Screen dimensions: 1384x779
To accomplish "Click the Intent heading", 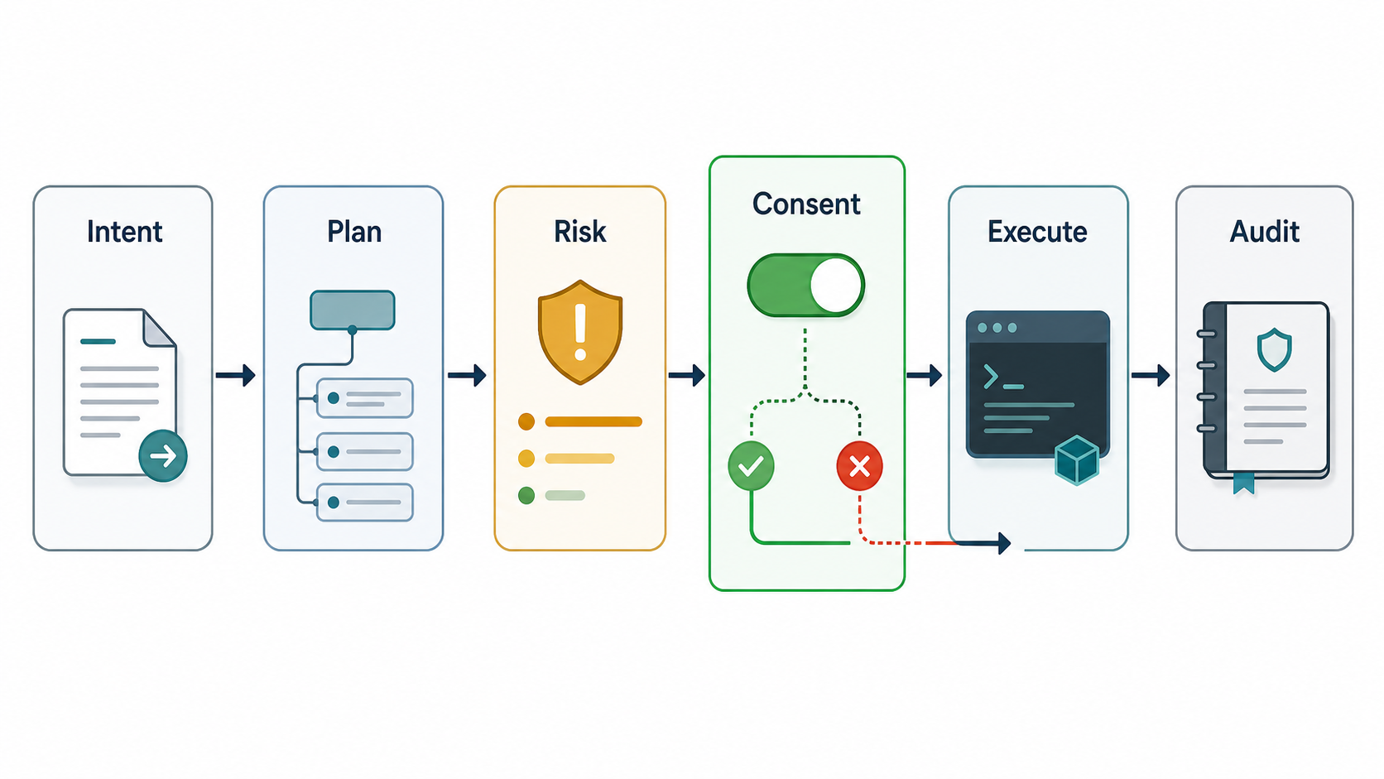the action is pyautogui.click(x=124, y=232).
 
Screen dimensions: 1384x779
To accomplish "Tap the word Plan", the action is pyautogui.click(x=354, y=233).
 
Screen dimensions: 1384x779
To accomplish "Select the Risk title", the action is pyautogui.click(x=579, y=232).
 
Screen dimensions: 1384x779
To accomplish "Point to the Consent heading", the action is pyautogui.click(x=806, y=204).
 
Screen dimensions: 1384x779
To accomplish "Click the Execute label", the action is pyautogui.click(x=1037, y=232).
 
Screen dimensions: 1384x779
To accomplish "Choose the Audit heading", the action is pyautogui.click(x=1264, y=232).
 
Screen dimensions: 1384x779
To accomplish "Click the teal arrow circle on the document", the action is pyautogui.click(x=163, y=456).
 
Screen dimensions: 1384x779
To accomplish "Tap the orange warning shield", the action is pyautogui.click(x=580, y=332).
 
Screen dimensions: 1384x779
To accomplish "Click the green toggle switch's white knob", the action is pyautogui.click(x=835, y=286).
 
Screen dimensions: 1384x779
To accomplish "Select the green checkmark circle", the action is pyautogui.click(x=752, y=466).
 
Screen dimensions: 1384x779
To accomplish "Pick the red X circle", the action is pyautogui.click(x=859, y=466).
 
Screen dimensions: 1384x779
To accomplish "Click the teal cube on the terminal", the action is pyautogui.click(x=1077, y=460).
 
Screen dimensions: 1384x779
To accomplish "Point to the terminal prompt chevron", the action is pyautogui.click(x=991, y=376).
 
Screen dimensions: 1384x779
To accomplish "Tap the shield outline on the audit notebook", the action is pyautogui.click(x=1274, y=349).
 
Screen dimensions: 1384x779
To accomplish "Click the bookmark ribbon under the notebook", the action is pyautogui.click(x=1244, y=483).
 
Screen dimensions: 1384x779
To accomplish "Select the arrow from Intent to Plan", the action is pyautogui.click(x=235, y=375).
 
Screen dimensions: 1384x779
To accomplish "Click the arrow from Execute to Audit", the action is pyautogui.click(x=1151, y=375).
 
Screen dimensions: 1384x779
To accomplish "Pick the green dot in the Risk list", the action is pyautogui.click(x=526, y=495).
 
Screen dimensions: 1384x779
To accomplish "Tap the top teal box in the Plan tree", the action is pyautogui.click(x=352, y=310).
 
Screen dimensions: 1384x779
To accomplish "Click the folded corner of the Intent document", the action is pyautogui.click(x=158, y=328).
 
